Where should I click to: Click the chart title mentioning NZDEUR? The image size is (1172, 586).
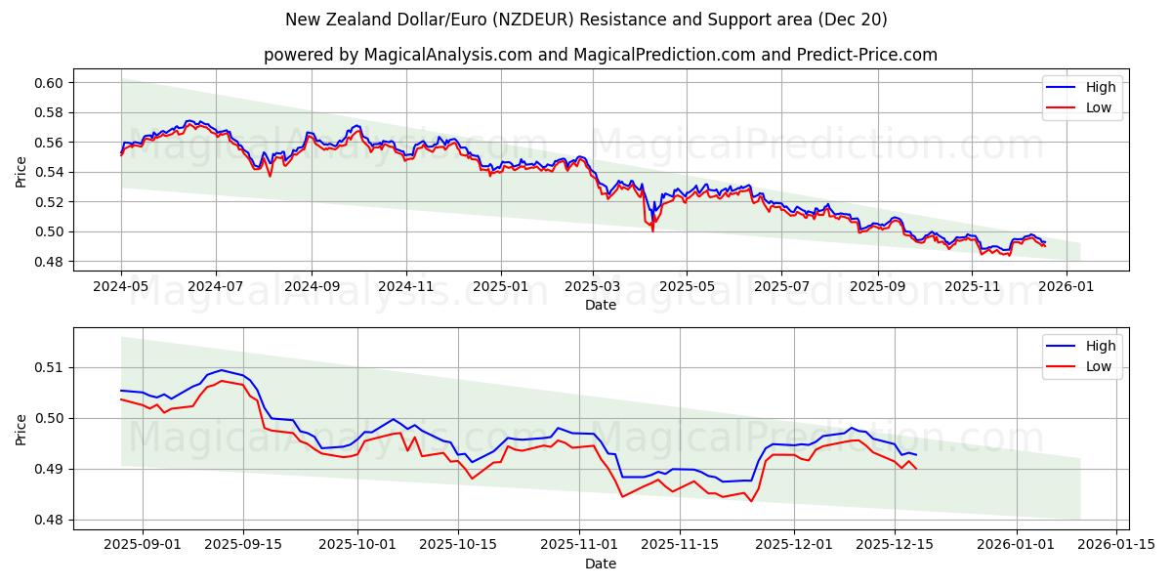[x=586, y=20]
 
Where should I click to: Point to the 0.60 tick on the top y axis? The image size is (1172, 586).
[x=49, y=83]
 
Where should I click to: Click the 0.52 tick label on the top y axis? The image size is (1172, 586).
[x=49, y=202]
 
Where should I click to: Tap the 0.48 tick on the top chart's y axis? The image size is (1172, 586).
[x=49, y=262]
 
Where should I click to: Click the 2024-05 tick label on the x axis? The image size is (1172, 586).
[x=121, y=286]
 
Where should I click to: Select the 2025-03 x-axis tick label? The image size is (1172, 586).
[x=593, y=286]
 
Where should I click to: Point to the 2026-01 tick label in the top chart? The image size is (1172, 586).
[x=1066, y=286]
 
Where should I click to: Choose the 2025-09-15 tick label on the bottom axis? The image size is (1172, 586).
[x=242, y=545]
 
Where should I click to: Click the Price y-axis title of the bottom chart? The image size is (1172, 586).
[x=21, y=429]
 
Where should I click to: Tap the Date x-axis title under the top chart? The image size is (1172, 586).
[x=600, y=305]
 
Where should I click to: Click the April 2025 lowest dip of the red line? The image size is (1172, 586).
[x=652, y=230]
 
